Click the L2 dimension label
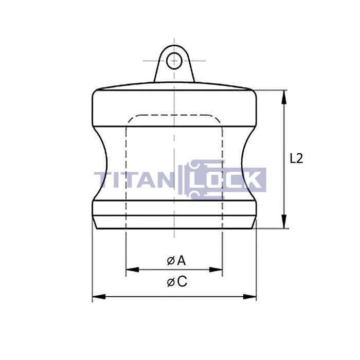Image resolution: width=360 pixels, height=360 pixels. coord(297,158)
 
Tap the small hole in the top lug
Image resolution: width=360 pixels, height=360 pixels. coord(175,60)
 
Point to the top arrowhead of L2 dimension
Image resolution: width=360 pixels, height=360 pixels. coord(284,94)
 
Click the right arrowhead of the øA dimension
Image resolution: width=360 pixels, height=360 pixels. coord(219,269)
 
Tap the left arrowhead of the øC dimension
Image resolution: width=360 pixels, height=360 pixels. coord(96,297)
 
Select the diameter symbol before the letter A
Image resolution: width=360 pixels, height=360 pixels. coord(170,261)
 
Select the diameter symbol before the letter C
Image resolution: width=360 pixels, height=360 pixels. coord(170,282)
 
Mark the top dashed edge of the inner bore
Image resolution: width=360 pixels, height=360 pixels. coord(174,115)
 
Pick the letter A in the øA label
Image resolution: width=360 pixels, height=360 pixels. coord(181,260)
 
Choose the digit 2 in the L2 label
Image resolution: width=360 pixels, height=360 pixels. coord(300,158)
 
